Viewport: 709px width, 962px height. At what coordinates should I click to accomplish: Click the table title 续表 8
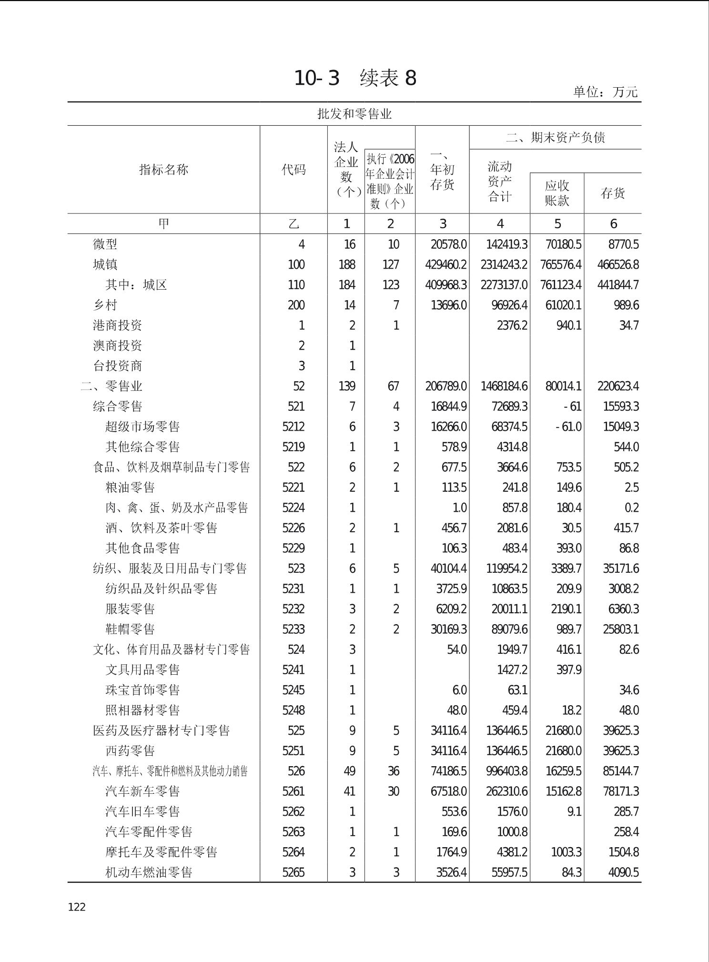388,78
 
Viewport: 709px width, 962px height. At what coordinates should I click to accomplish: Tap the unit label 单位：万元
605,91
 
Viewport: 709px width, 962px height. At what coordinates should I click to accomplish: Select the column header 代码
294,170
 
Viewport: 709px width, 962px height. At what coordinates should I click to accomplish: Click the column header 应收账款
557,193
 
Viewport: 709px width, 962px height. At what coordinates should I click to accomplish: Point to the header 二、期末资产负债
555,138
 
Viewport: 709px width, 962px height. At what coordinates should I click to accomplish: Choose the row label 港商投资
117,325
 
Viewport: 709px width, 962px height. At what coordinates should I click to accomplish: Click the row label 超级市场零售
142,426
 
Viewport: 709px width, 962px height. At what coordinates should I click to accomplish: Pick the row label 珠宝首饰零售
142,690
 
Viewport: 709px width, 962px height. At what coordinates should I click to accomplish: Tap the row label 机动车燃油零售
149,872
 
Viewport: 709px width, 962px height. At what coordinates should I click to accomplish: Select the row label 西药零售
130,751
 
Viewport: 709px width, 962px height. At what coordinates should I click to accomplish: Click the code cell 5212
294,426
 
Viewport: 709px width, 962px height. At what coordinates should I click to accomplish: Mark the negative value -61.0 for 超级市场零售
568,426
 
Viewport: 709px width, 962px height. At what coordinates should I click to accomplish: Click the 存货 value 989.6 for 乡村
626,305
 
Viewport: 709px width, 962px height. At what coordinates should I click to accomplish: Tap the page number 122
77,907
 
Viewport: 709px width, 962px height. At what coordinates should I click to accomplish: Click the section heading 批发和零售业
354,114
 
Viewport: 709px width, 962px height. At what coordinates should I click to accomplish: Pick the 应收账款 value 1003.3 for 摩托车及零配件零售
566,852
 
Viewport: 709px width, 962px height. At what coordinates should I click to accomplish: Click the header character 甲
163,223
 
